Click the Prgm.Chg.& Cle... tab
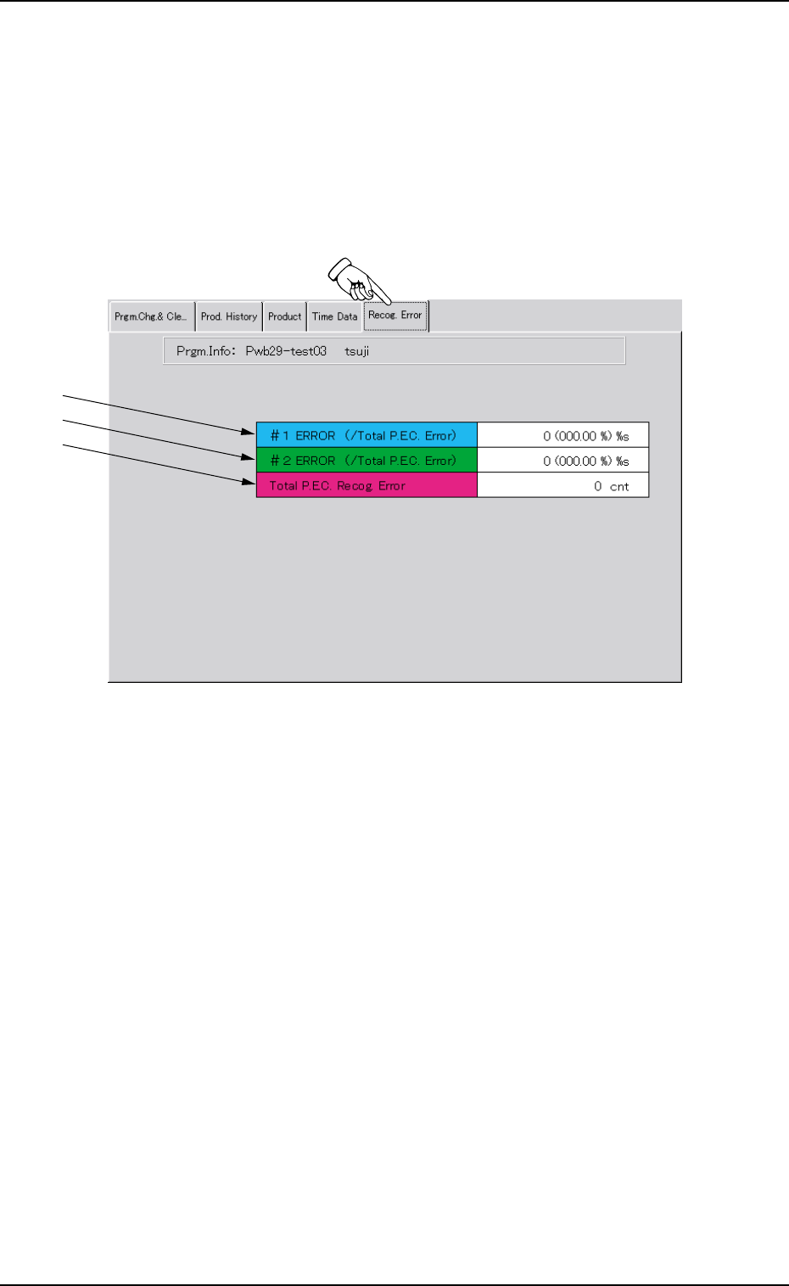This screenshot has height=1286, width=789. click(x=151, y=316)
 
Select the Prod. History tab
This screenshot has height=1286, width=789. click(x=228, y=316)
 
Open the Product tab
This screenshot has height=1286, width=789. click(x=284, y=316)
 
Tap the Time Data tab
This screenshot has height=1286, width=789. click(x=334, y=316)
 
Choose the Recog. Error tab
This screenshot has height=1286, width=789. click(x=395, y=315)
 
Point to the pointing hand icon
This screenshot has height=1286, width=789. click(x=355, y=278)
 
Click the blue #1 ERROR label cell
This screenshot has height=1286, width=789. click(x=367, y=435)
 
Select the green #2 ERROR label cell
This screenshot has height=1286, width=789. click(x=367, y=461)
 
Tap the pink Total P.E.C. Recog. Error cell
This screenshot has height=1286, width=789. click(x=367, y=486)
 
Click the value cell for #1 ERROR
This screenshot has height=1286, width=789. click(x=562, y=435)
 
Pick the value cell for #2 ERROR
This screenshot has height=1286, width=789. click(x=562, y=461)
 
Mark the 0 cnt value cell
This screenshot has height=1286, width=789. click(x=562, y=486)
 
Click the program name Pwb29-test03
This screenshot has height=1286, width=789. click(x=286, y=351)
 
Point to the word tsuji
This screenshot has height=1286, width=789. click(x=356, y=351)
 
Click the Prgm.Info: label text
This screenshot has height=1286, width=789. click(x=204, y=351)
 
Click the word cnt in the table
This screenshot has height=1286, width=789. click(x=619, y=487)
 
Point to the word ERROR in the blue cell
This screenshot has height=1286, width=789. click(x=316, y=435)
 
